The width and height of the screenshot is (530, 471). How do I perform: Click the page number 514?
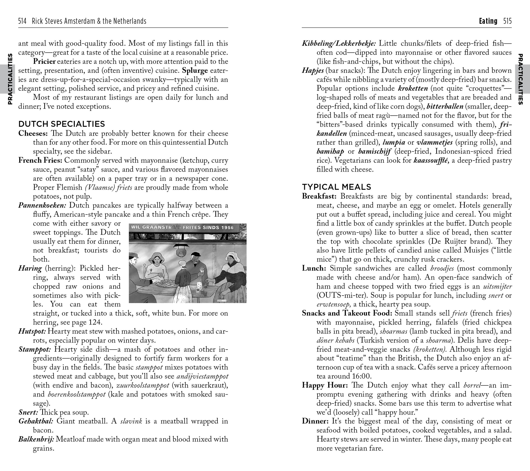22,21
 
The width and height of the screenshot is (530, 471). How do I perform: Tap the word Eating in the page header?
488,21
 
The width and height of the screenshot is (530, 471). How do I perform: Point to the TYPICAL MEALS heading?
336,187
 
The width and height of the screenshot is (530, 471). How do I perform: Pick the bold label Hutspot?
32,331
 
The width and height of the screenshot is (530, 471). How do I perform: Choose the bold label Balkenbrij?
36,439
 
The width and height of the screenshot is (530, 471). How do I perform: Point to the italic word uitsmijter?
498,286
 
